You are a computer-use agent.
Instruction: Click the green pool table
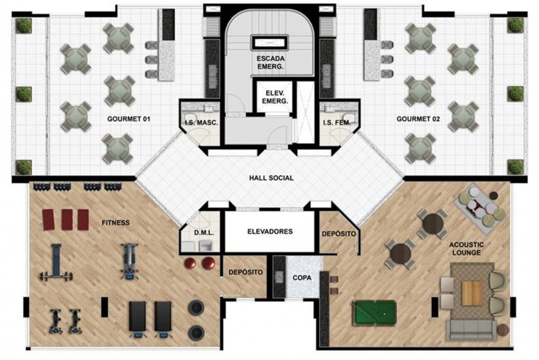(374, 312)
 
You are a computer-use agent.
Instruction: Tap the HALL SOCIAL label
(271, 178)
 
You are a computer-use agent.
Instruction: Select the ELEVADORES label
(270, 231)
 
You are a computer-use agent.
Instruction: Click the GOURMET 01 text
(129, 119)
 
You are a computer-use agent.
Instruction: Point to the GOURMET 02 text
(418, 119)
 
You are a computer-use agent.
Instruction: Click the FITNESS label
(115, 223)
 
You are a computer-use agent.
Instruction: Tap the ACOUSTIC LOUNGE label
(466, 248)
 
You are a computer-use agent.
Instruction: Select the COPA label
(302, 278)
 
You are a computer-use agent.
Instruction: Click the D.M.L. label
(204, 233)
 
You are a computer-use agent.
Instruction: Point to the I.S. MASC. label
(202, 122)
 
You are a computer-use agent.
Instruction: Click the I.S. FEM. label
(337, 122)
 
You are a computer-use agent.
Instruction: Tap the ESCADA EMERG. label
(271, 63)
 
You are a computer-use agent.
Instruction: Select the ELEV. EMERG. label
(275, 97)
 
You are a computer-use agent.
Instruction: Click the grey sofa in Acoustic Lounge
(471, 330)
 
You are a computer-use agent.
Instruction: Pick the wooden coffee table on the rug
(472, 293)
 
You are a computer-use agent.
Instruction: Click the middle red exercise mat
(67, 219)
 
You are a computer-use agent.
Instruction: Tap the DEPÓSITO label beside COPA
(245, 272)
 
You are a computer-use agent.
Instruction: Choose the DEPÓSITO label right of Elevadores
(338, 234)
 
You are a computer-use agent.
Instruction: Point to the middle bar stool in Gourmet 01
(151, 59)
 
